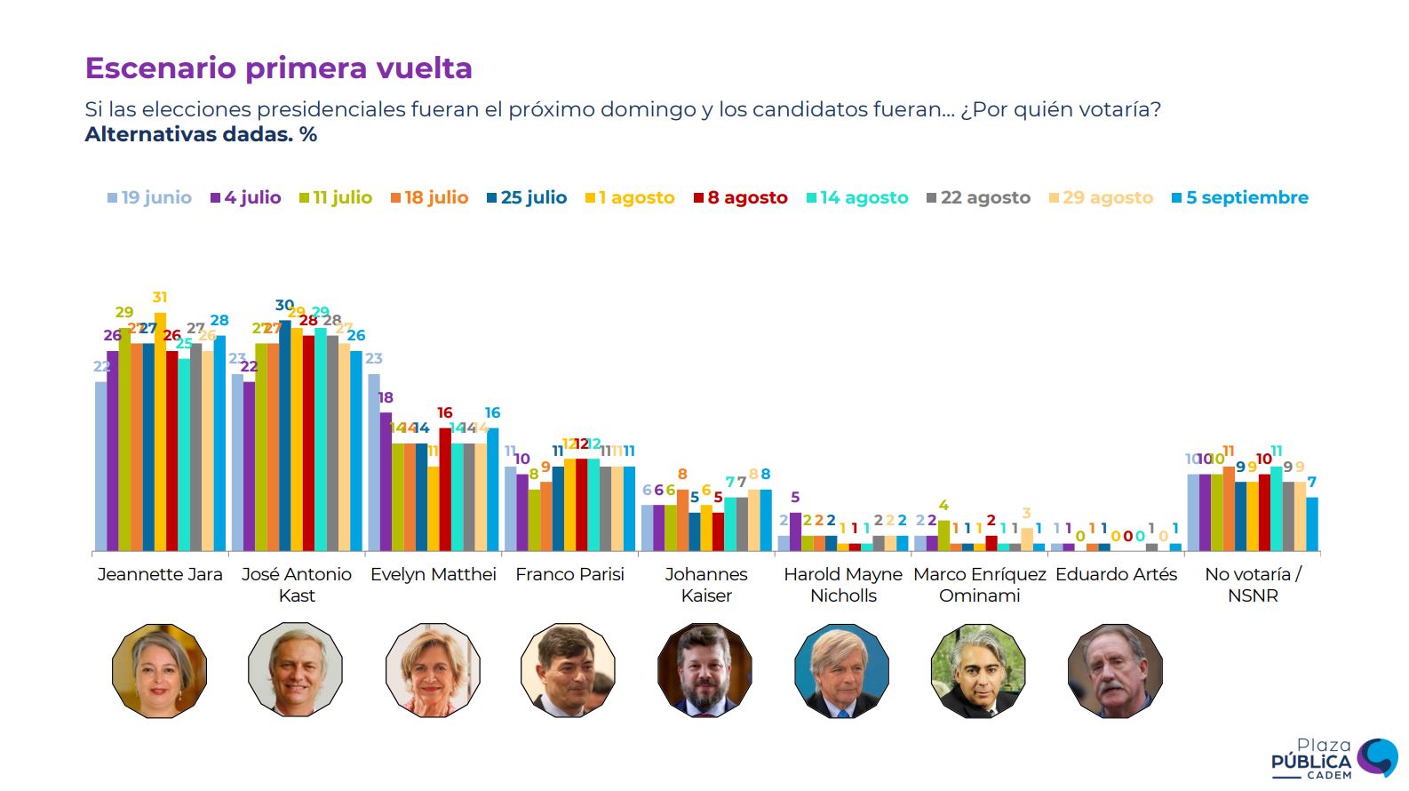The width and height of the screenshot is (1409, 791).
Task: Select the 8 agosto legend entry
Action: [x=741, y=197]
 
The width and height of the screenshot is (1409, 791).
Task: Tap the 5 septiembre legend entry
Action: [x=1240, y=197]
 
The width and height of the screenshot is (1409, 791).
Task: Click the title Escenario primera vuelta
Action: [x=278, y=68]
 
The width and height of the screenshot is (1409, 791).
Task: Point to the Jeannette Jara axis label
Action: [x=160, y=574]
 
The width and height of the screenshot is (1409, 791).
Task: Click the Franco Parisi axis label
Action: [x=569, y=574]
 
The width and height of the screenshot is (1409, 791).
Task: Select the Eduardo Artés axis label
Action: [x=1116, y=574]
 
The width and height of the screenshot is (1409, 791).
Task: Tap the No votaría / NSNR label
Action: [x=1253, y=585]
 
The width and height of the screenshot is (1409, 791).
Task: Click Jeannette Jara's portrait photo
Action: [x=160, y=670]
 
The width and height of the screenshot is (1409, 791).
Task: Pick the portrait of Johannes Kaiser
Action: [x=705, y=670]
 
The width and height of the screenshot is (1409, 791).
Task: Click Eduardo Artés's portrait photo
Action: [x=1116, y=670]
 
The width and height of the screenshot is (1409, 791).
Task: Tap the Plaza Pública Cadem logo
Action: [x=1333, y=759]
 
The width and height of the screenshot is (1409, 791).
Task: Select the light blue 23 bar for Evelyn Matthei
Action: [x=374, y=462]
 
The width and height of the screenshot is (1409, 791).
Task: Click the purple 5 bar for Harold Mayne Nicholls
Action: [x=796, y=531]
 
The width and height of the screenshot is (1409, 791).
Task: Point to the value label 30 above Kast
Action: [x=284, y=306]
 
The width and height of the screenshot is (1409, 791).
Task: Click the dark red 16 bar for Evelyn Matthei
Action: [x=445, y=489]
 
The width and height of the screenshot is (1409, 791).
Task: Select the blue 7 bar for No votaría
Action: [x=1312, y=524]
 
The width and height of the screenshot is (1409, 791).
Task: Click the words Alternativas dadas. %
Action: [x=201, y=135]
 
